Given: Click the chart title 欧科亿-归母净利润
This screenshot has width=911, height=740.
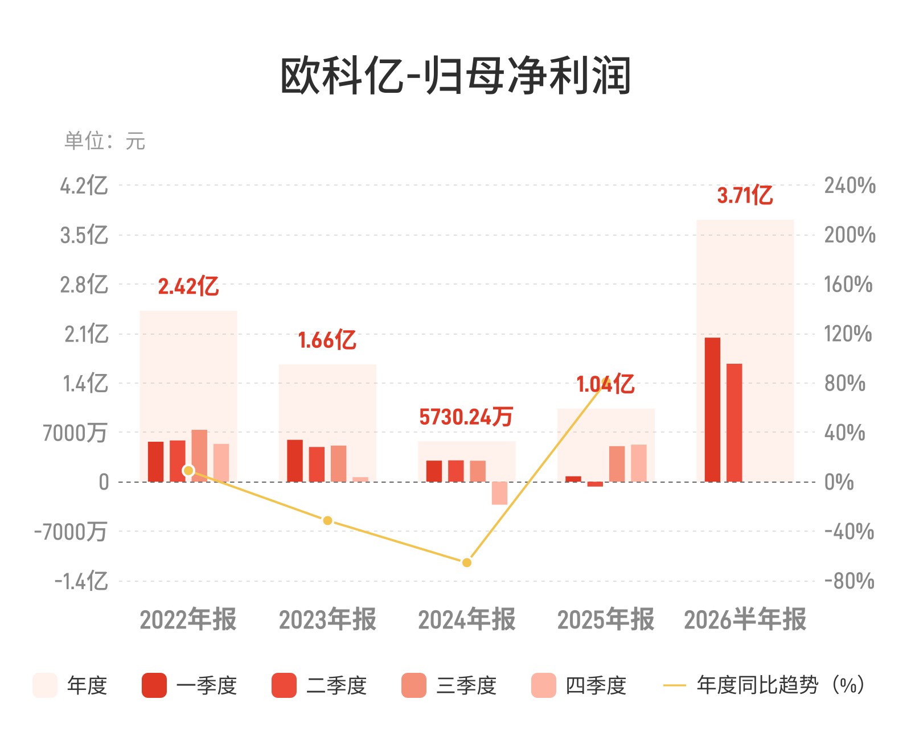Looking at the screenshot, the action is (455, 76).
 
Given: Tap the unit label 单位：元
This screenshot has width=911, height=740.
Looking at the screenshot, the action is (105, 141).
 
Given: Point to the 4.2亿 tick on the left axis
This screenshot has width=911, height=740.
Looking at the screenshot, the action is (84, 186).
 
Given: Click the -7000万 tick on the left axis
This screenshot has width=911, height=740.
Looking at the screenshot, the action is (71, 532).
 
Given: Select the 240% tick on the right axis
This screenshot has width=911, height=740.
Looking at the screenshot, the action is (850, 186).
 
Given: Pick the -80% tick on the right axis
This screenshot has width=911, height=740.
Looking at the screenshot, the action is (850, 581).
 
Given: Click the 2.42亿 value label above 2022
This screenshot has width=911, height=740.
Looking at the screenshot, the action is (188, 286).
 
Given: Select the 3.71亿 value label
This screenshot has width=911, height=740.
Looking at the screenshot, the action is (745, 195).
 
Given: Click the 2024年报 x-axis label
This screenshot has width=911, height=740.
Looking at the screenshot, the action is (467, 619).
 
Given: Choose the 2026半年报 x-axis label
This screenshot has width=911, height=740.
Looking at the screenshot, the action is (745, 619).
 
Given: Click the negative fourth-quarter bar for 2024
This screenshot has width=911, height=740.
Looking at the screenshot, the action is (499, 494).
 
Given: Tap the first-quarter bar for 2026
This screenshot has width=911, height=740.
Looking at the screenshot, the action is (712, 410).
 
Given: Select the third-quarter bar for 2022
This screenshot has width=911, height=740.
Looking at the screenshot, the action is (199, 456).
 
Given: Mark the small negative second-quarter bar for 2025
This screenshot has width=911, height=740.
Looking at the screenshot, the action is (595, 484).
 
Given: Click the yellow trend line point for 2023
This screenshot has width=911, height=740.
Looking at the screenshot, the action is (327, 521).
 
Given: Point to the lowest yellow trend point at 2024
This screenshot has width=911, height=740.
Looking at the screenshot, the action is (467, 562).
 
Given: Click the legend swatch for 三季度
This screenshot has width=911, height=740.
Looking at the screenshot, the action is (413, 685).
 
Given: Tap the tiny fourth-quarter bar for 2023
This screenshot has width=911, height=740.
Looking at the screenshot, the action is (360, 480).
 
